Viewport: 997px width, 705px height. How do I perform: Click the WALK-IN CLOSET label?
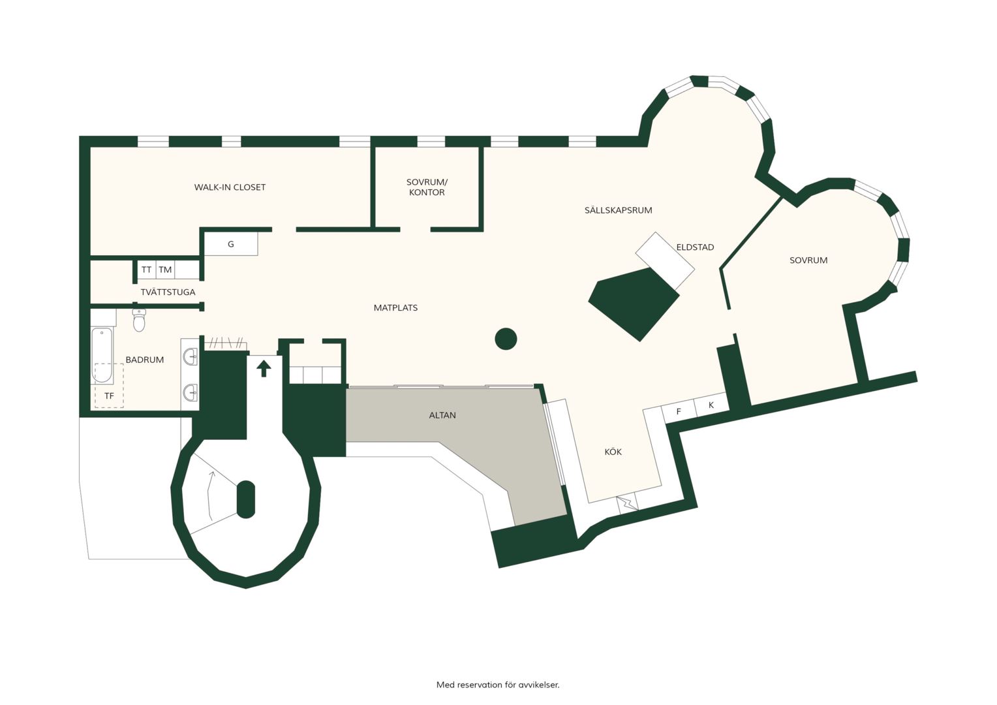point(230,187)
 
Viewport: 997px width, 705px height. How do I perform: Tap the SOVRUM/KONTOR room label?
point(427,187)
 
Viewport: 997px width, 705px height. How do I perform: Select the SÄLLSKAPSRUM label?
point(618,210)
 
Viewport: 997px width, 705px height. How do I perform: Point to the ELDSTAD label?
point(695,247)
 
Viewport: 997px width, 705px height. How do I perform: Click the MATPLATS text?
point(395,307)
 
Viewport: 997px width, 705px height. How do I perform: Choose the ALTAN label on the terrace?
point(442,415)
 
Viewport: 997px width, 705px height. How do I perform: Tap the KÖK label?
point(613,452)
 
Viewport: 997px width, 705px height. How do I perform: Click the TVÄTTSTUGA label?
point(168,292)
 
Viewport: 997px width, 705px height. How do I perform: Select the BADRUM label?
point(145,360)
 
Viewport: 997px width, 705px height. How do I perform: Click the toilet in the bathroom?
point(139,321)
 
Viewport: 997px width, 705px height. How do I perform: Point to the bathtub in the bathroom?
point(102,355)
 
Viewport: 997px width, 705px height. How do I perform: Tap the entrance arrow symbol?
point(264,369)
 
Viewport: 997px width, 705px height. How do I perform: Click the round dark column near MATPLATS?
point(506,339)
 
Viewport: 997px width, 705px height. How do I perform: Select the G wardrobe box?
point(231,244)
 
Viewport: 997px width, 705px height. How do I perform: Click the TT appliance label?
point(146,270)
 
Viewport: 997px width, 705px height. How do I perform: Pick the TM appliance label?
point(165,270)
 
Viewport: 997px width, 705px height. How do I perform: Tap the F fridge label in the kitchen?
point(679,411)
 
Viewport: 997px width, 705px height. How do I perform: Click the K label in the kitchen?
point(711,405)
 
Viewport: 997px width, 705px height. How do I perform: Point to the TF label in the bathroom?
point(109,396)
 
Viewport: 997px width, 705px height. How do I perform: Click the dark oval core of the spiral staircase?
point(246,499)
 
